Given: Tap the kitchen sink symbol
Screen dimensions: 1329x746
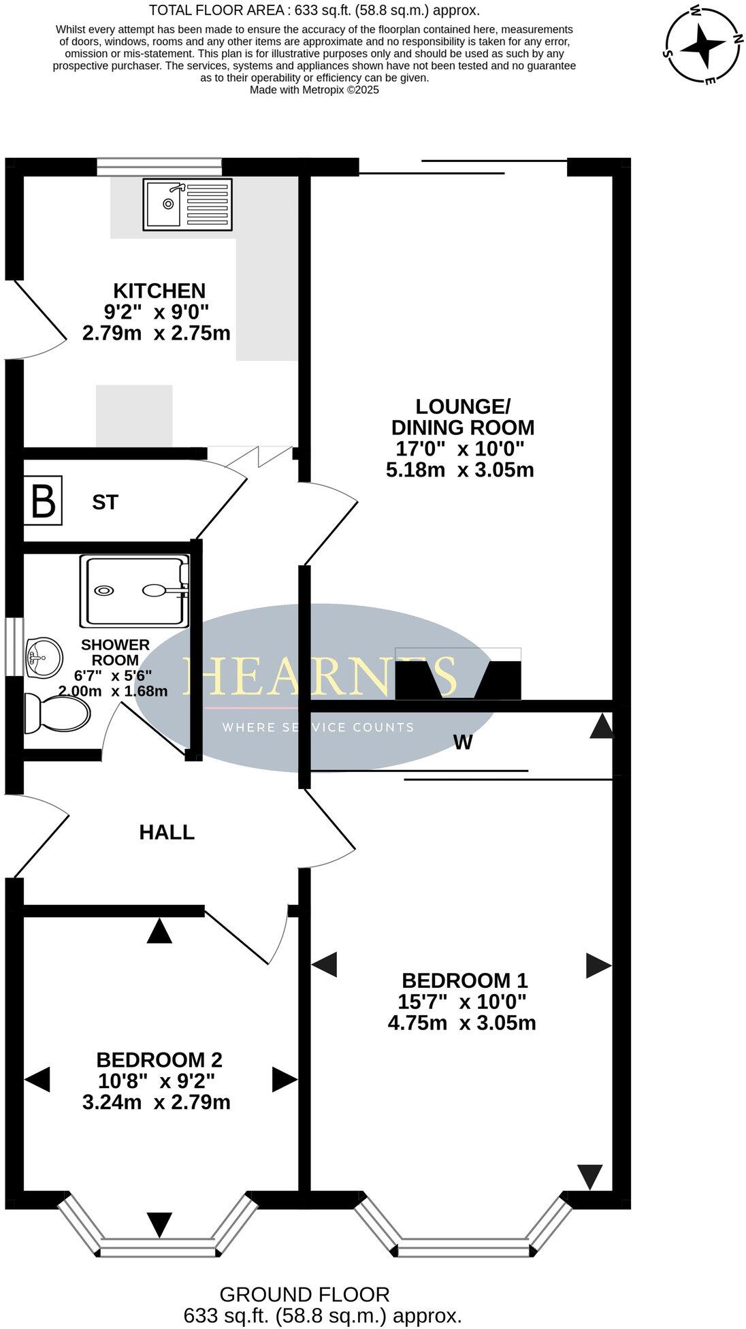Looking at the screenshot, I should tap(187, 204).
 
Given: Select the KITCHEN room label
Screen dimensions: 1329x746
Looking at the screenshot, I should tap(159, 291).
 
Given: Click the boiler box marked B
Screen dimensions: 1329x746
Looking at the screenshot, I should tap(44, 500).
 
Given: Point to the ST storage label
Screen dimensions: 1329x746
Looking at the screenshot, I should tap(106, 502).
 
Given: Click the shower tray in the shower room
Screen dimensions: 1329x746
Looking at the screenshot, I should tap(134, 590).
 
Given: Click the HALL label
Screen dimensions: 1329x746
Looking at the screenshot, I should tap(167, 832).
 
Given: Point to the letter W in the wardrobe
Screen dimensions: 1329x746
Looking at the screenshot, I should tap(463, 743).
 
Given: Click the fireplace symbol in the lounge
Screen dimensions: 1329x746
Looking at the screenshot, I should tap(458, 674).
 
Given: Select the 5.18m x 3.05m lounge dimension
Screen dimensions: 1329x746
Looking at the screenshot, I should tap(459, 470).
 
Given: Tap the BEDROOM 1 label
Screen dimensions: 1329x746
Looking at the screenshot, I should tap(465, 980).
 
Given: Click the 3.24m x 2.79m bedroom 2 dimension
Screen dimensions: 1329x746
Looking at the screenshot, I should tap(156, 1102).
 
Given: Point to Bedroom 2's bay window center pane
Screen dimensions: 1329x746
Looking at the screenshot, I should tap(159, 1251).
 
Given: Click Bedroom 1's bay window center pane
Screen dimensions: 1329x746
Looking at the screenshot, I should tap(463, 1251).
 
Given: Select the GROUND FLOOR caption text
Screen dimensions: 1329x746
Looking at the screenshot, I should tap(304, 1294).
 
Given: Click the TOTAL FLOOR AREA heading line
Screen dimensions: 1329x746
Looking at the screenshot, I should tap(314, 10).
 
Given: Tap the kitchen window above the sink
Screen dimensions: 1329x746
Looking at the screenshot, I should tap(159, 167).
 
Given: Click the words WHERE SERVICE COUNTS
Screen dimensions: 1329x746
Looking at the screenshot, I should tap(318, 727).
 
